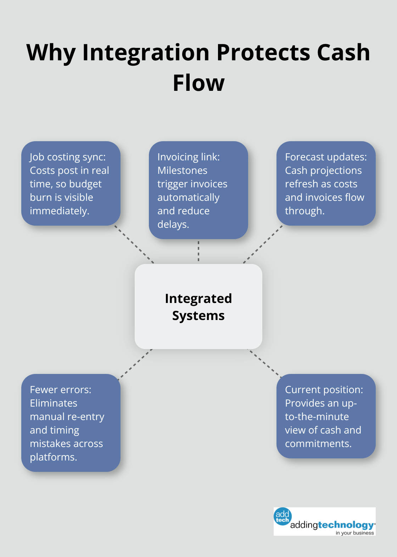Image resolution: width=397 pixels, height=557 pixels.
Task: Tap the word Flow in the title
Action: (198, 83)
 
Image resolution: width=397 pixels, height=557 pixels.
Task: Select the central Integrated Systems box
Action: (198, 307)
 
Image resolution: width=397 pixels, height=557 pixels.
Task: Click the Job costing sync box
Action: (71, 183)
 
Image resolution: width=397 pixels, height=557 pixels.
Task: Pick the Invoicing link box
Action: (198, 190)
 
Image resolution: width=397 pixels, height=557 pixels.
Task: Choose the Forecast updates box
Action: (326, 183)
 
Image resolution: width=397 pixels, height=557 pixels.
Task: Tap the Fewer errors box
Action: (71, 423)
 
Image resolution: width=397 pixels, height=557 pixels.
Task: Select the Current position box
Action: (326, 416)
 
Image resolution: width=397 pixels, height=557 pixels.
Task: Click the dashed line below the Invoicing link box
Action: (198, 251)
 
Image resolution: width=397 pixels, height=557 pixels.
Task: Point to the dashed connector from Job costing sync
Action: (134, 244)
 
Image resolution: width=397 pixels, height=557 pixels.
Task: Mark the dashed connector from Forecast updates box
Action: (263, 244)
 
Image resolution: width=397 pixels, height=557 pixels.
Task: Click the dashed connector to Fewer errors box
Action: (135, 364)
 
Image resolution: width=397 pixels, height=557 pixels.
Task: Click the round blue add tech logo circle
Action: (283, 516)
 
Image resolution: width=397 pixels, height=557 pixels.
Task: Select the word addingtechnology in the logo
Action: (332, 525)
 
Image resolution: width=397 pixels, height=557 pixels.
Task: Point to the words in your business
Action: (354, 533)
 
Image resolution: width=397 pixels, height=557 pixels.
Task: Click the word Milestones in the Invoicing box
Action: (182, 171)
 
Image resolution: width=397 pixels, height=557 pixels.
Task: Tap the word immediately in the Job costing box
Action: (59, 211)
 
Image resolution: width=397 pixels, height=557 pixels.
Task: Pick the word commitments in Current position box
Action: (318, 444)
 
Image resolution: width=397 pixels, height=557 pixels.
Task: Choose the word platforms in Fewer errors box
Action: (53, 457)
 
